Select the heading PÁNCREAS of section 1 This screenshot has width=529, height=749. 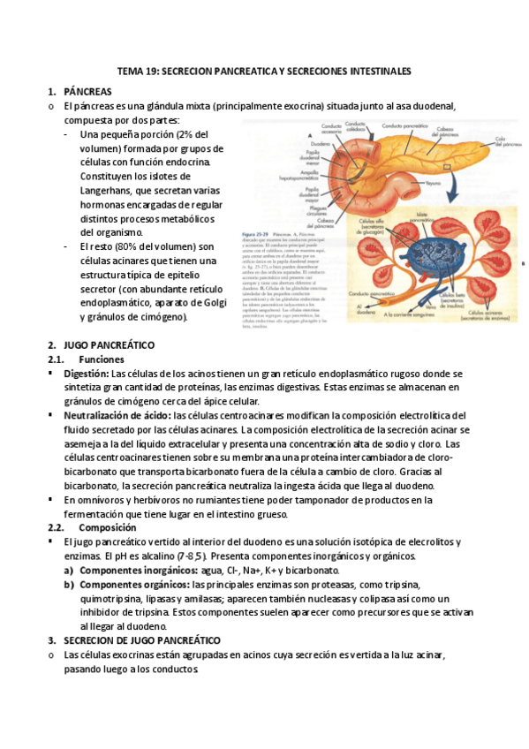(88, 91)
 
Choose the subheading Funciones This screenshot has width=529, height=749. (102, 359)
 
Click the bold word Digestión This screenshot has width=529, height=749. (86, 374)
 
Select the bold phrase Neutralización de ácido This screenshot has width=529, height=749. (117, 415)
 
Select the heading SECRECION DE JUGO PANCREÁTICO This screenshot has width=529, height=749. (142, 639)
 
